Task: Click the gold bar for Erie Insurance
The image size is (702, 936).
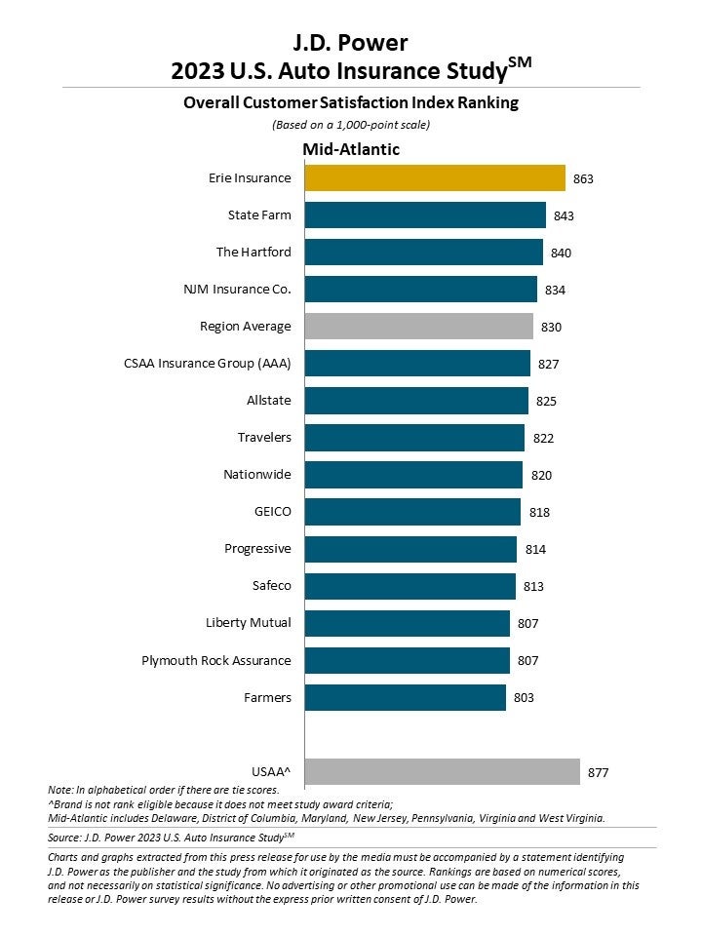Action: point(435,178)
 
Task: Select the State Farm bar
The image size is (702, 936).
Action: point(425,215)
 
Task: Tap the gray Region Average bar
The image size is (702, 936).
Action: point(418,327)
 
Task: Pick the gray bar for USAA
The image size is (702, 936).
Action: point(442,772)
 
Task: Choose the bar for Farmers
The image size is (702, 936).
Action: point(405,697)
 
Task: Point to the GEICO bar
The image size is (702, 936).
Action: point(412,512)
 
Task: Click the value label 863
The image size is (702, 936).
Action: point(583,179)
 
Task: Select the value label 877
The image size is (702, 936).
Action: point(598,773)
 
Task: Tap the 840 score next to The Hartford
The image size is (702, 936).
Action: point(561,253)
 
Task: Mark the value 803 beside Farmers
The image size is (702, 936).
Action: point(524,698)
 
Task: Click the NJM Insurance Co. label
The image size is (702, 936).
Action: point(237,290)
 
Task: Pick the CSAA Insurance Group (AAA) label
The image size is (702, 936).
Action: point(208,364)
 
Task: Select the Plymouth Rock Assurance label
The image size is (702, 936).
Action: point(216,660)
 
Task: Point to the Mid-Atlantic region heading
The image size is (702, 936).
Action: point(351,149)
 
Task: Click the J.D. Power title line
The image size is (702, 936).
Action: point(351,42)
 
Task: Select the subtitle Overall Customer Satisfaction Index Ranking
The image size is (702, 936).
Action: point(351,102)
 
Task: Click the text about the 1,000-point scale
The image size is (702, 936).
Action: point(351,125)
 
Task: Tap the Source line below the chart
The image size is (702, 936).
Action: point(171,837)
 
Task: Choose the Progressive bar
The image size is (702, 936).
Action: point(410,549)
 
